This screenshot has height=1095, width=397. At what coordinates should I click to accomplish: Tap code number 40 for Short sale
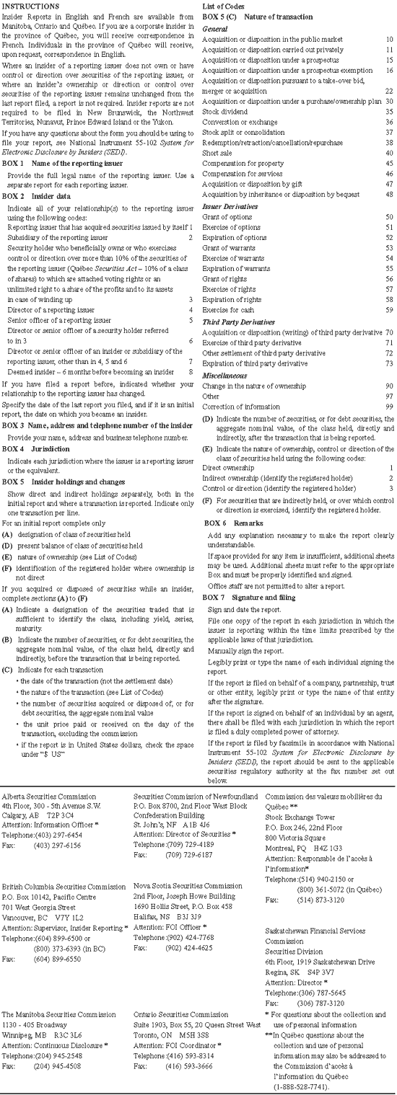pos(388,153)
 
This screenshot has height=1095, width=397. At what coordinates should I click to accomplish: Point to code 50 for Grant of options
pos(388,216)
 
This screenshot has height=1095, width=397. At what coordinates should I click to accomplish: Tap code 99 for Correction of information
pos(388,407)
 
